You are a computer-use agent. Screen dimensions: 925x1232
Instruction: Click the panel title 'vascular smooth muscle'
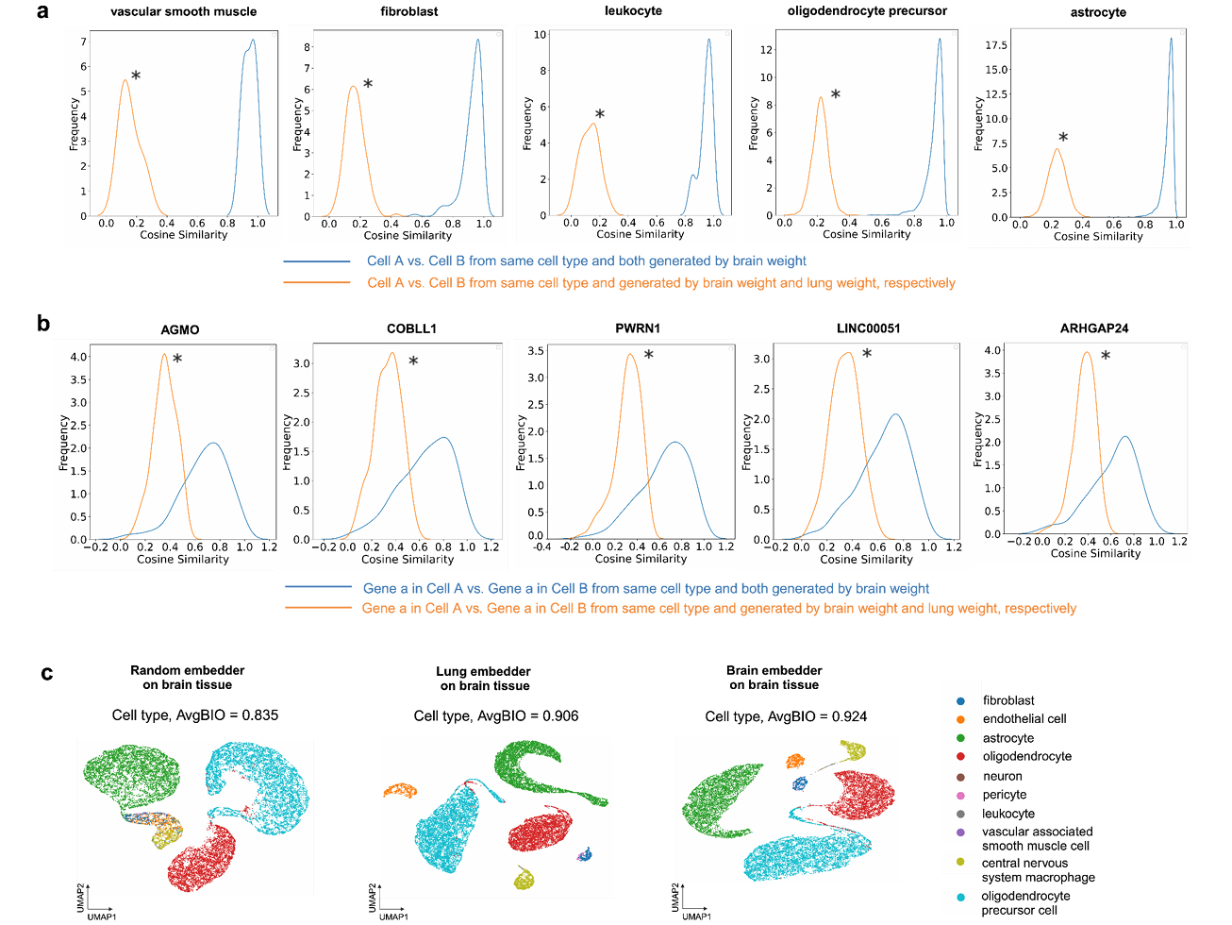pyautogui.click(x=183, y=11)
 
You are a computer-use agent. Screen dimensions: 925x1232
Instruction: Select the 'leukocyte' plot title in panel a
pyautogui.click(x=633, y=10)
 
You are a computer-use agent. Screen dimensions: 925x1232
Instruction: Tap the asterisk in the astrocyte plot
pyautogui.click(x=1063, y=138)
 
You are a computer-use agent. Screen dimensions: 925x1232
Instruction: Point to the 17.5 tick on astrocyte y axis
pyautogui.click(x=995, y=45)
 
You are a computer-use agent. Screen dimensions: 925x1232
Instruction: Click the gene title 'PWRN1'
pyautogui.click(x=638, y=328)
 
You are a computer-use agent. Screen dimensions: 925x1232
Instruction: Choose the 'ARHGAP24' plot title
pyautogui.click(x=1094, y=328)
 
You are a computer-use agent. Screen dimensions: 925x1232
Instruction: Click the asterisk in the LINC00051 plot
pyautogui.click(x=867, y=354)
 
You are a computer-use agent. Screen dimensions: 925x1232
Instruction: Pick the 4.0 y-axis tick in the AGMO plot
pyautogui.click(x=78, y=357)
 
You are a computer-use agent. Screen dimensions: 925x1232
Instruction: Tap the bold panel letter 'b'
pyautogui.click(x=43, y=324)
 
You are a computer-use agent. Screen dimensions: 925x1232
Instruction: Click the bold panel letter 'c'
pyautogui.click(x=46, y=673)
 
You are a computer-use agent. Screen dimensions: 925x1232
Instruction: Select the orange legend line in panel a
pyautogui.click(x=316, y=282)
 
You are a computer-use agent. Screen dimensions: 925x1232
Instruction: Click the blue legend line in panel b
pyautogui.click(x=318, y=587)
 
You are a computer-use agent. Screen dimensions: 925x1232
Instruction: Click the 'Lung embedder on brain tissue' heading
pyautogui.click(x=484, y=678)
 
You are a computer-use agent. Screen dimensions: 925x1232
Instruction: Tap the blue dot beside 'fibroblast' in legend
pyautogui.click(x=960, y=701)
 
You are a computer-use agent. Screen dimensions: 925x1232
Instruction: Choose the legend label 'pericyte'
pyautogui.click(x=1004, y=795)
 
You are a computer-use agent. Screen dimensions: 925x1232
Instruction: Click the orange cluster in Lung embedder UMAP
pyautogui.click(x=400, y=790)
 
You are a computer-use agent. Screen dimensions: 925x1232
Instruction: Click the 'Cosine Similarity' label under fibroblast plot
pyautogui.click(x=408, y=235)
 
